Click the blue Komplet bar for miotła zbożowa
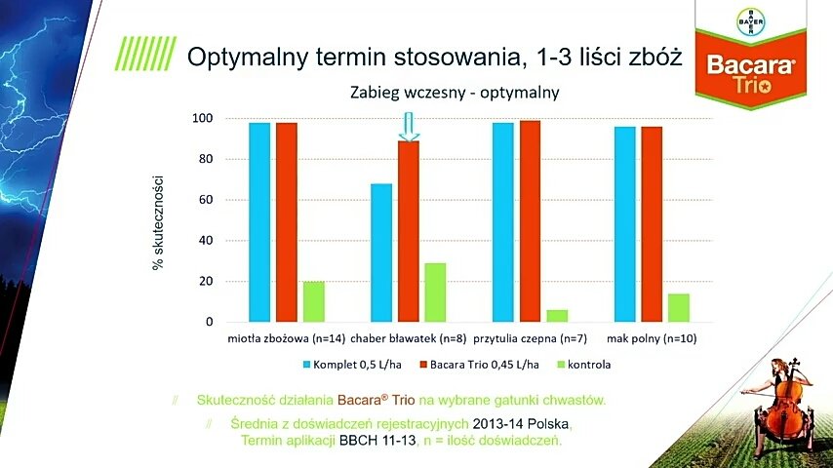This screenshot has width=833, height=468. (x=259, y=222)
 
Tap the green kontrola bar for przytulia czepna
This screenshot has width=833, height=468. (x=558, y=316)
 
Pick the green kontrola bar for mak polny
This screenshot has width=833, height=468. (x=679, y=307)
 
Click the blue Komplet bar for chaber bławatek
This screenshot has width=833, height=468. (x=381, y=253)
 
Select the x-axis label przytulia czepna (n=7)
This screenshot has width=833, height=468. (x=530, y=339)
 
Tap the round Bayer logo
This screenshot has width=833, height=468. (x=750, y=20)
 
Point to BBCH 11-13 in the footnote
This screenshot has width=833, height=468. (x=383, y=441)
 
